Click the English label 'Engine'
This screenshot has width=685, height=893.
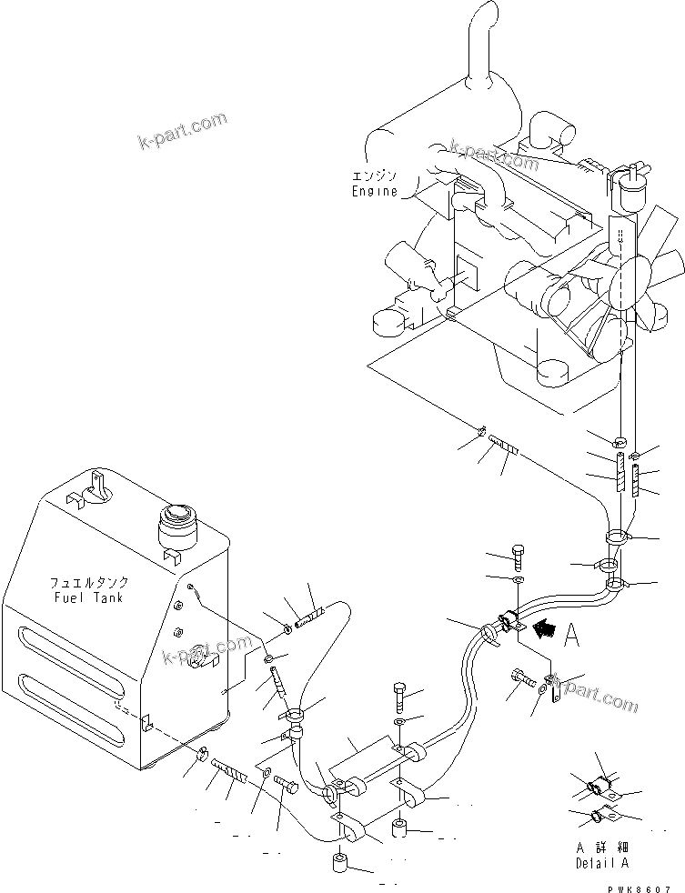pos(374,192)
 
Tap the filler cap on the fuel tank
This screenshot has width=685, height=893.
pos(177,526)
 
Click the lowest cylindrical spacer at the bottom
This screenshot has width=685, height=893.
pos(341,861)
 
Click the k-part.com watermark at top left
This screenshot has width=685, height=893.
pos(181,131)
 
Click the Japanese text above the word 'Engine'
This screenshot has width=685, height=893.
pos(374,176)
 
